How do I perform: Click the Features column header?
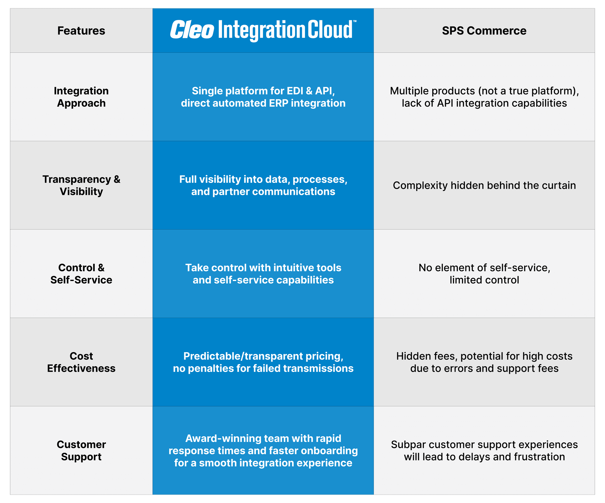[x=81, y=31]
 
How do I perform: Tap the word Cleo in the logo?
[x=192, y=30]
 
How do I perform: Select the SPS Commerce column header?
[x=484, y=31]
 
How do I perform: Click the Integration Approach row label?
[x=81, y=97]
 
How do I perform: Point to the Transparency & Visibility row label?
[x=81, y=185]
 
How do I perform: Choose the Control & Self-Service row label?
[x=81, y=274]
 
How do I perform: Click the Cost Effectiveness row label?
[x=81, y=362]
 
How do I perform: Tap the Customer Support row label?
[x=81, y=451]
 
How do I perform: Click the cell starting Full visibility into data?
[x=263, y=185]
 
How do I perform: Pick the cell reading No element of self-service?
[x=484, y=274]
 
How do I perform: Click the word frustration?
[x=539, y=457]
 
